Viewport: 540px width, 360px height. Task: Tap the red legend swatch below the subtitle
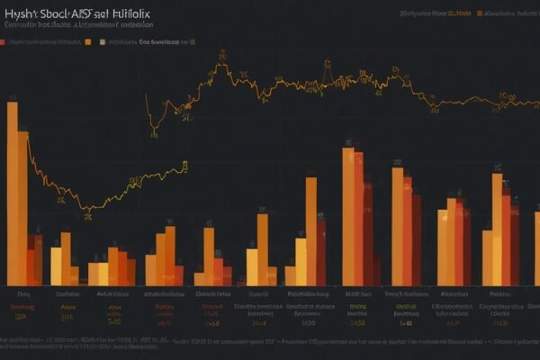click(4, 42)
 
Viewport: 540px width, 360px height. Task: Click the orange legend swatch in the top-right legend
click(481, 14)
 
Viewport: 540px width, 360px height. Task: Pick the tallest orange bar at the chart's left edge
click(12, 193)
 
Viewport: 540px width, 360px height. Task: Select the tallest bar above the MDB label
click(347, 216)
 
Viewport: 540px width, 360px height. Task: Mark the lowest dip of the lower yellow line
click(87, 210)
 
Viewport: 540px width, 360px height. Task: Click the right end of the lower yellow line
click(184, 166)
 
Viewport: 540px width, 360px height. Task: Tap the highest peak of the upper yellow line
click(220, 63)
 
